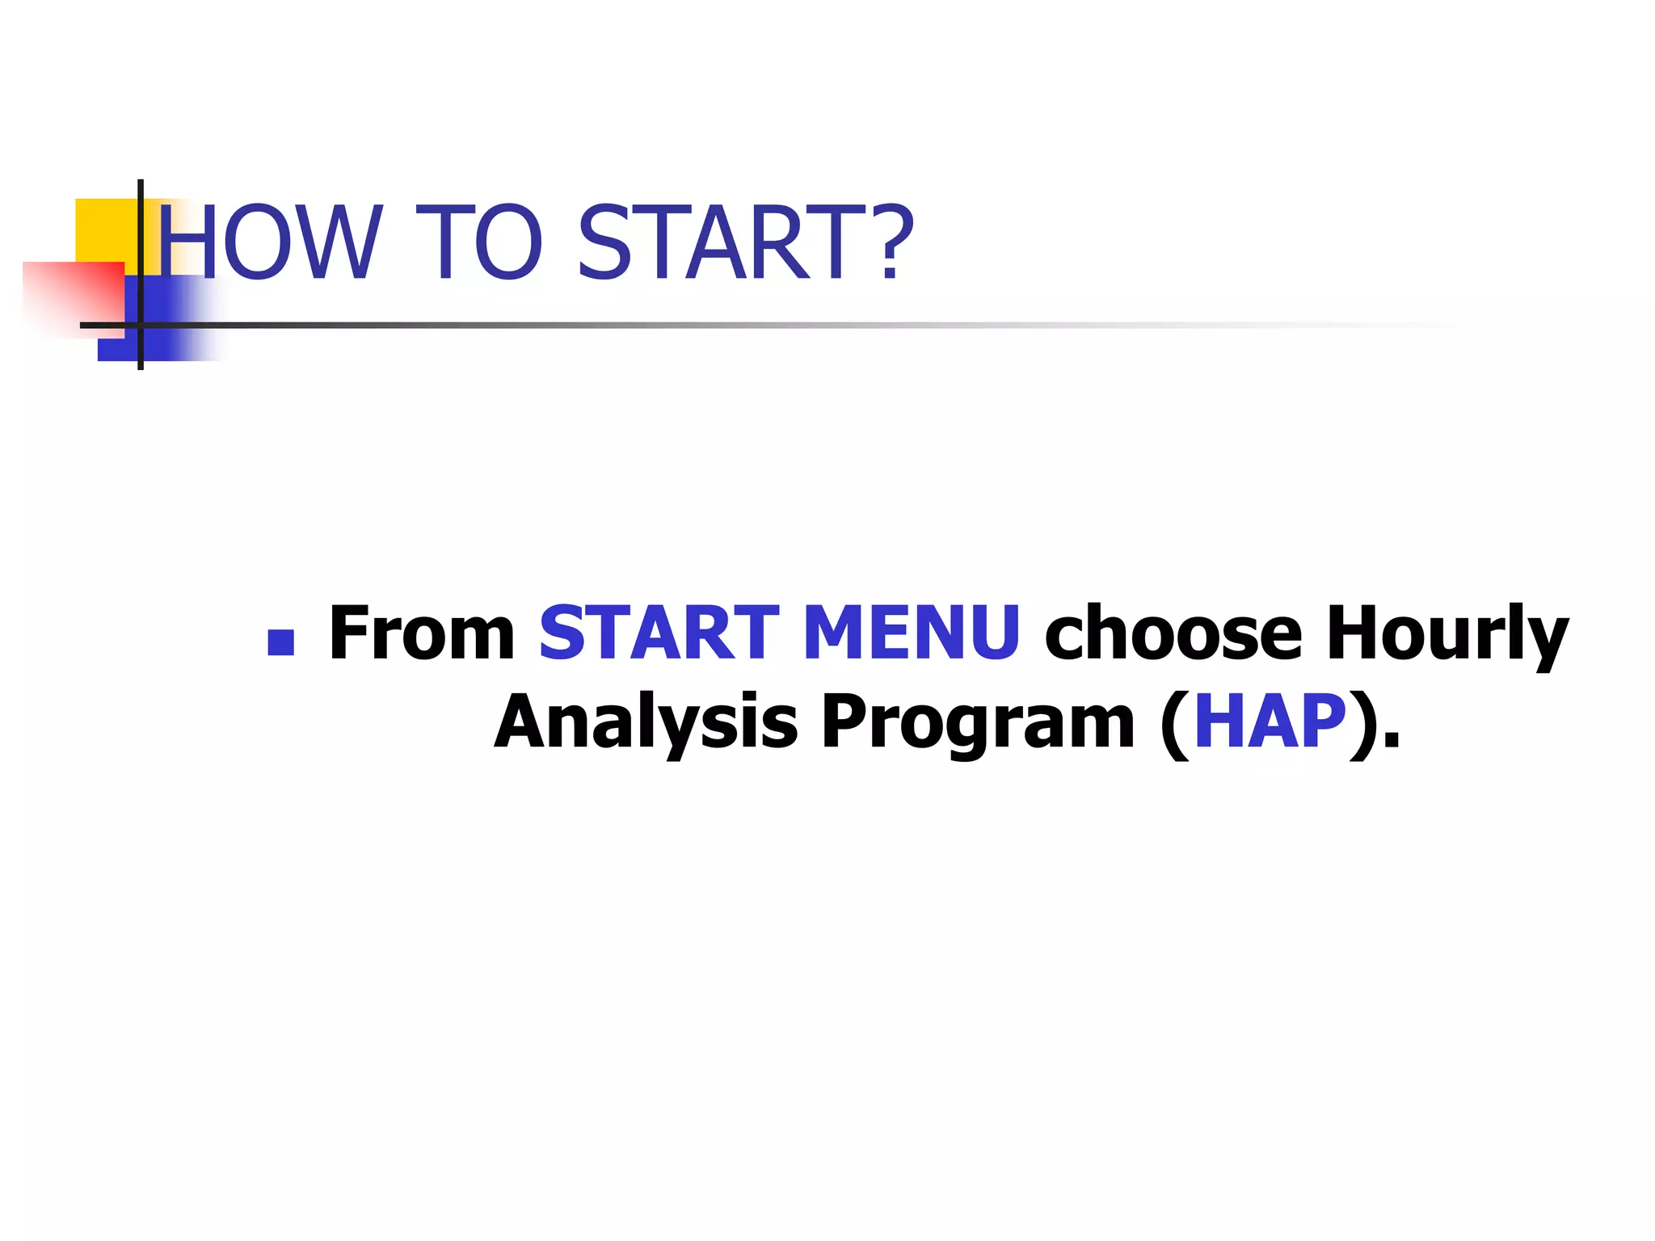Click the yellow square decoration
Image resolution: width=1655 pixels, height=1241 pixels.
(x=105, y=229)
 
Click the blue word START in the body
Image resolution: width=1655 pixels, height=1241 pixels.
(x=659, y=633)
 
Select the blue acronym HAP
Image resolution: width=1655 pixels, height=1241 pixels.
(x=1270, y=721)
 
